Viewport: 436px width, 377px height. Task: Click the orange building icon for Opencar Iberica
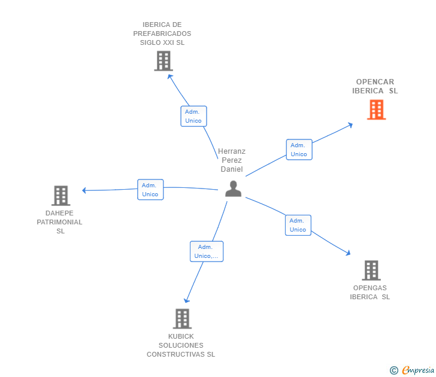tap(376, 110)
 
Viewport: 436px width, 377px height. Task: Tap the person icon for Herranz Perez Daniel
tap(233, 188)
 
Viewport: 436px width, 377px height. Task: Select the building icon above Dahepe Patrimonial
tap(60, 196)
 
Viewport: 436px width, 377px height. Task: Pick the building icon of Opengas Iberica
tap(371, 270)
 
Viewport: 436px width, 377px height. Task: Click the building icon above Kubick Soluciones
tap(182, 318)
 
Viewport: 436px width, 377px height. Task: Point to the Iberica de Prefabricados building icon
tap(163, 61)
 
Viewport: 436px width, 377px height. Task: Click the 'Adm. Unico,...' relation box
tap(207, 251)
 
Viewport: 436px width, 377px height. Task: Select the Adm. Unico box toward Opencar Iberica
tap(298, 150)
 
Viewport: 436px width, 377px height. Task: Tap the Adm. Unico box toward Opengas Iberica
tap(298, 225)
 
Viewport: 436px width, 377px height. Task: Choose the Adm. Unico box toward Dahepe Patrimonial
tap(150, 190)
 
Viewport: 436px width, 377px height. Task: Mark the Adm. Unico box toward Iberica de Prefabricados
tap(193, 116)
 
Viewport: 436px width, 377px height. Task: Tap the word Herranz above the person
tap(232, 151)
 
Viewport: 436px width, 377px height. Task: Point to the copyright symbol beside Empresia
tap(394, 370)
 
